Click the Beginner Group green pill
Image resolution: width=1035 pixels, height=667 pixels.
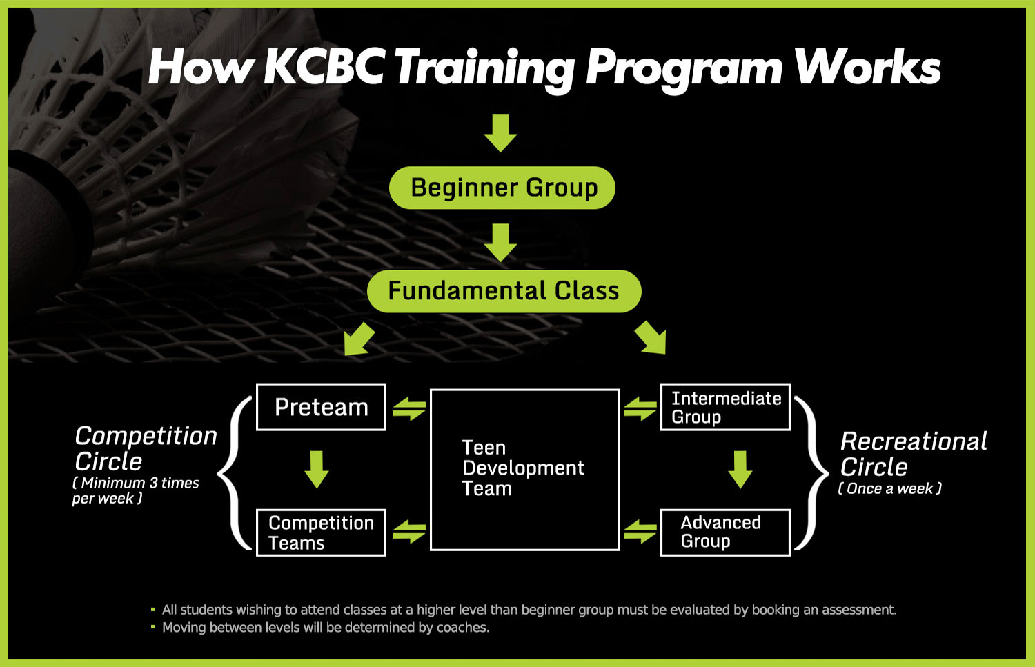coord(502,188)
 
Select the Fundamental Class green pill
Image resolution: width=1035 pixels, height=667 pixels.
coord(504,291)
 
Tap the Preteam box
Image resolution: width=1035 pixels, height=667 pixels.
coord(321,407)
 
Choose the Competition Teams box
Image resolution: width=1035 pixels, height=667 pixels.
coord(321,532)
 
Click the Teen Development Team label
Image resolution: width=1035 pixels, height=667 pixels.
coord(523,468)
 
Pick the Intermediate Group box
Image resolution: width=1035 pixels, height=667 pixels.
coord(725,407)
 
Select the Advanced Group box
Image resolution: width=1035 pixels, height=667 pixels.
coord(725,532)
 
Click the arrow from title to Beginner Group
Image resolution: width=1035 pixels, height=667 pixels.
coord(500,132)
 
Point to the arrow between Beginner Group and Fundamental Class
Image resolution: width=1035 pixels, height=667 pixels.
coord(500,243)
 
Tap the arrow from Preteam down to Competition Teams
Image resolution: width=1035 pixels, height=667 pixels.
coord(317,469)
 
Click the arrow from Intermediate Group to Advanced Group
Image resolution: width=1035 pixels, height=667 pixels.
coord(740,469)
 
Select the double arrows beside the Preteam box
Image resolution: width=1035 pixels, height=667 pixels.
coord(409,408)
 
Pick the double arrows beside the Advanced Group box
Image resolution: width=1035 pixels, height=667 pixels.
coord(640,531)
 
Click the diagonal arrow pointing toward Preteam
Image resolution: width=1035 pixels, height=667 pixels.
coord(359,339)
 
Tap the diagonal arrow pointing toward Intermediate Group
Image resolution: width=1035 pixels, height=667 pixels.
coord(651,339)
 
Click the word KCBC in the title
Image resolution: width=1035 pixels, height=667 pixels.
coord(324,66)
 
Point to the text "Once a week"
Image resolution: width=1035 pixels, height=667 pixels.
coord(889,488)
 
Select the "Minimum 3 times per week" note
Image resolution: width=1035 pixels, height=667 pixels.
coord(135,490)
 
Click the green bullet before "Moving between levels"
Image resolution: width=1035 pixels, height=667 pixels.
coord(153,627)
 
